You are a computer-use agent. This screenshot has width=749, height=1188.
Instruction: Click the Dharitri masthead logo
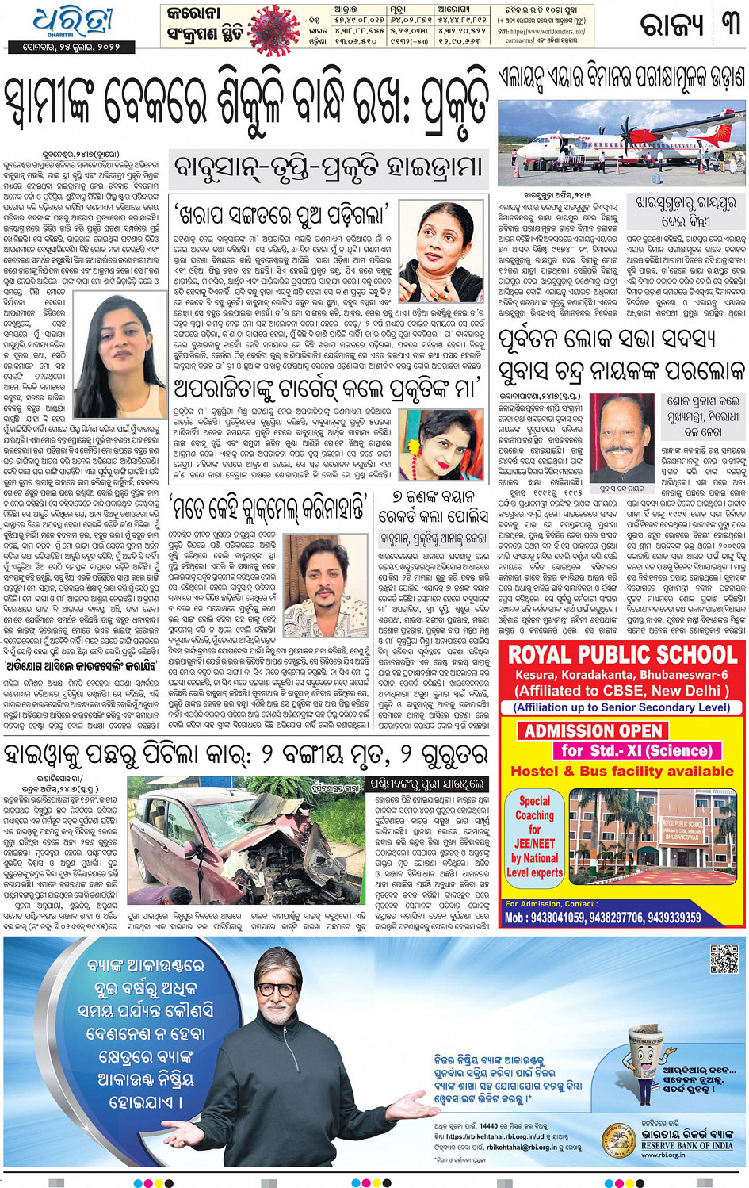72,22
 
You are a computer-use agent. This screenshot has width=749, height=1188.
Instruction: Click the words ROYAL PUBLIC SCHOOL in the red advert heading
622,655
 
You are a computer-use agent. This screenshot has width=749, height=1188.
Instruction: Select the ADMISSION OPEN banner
593,730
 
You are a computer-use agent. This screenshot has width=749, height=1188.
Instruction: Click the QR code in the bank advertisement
724,959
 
